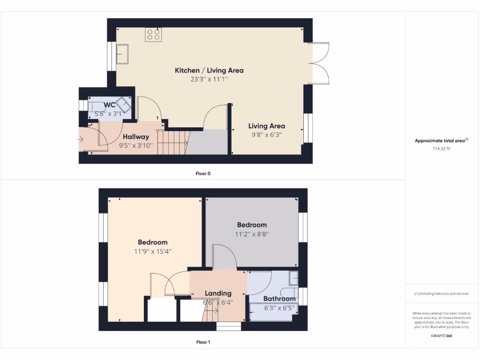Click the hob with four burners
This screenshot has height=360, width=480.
point(153,34)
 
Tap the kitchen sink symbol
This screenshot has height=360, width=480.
point(123,53)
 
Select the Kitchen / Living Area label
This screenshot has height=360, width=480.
point(209,70)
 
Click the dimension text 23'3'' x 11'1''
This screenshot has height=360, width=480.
point(209,79)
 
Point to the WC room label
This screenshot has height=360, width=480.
point(110,105)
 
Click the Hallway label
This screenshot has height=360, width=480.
point(136,137)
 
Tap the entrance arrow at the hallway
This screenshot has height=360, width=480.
point(82,139)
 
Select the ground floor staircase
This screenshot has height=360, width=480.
point(172,142)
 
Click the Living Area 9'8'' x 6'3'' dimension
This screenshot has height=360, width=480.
point(266,135)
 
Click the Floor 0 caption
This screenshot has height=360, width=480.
point(203,173)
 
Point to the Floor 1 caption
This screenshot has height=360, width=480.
point(203,342)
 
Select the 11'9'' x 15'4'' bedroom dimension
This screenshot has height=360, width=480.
point(152,251)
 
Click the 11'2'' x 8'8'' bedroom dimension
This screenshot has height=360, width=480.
point(252,233)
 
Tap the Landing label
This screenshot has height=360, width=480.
point(218,293)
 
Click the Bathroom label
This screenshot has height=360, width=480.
point(279,299)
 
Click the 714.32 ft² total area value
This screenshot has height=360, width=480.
point(442,149)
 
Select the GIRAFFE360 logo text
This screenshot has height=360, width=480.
point(442,336)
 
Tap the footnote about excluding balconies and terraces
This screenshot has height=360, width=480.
point(442,294)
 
